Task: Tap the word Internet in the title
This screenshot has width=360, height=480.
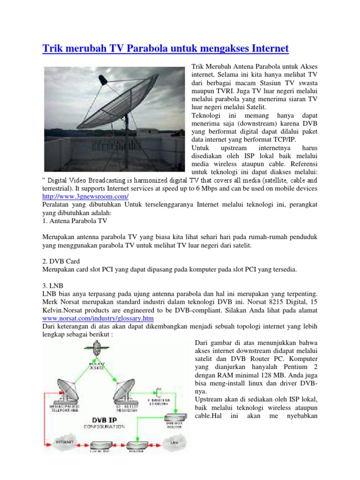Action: (263, 49)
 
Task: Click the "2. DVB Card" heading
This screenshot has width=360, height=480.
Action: (62, 262)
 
